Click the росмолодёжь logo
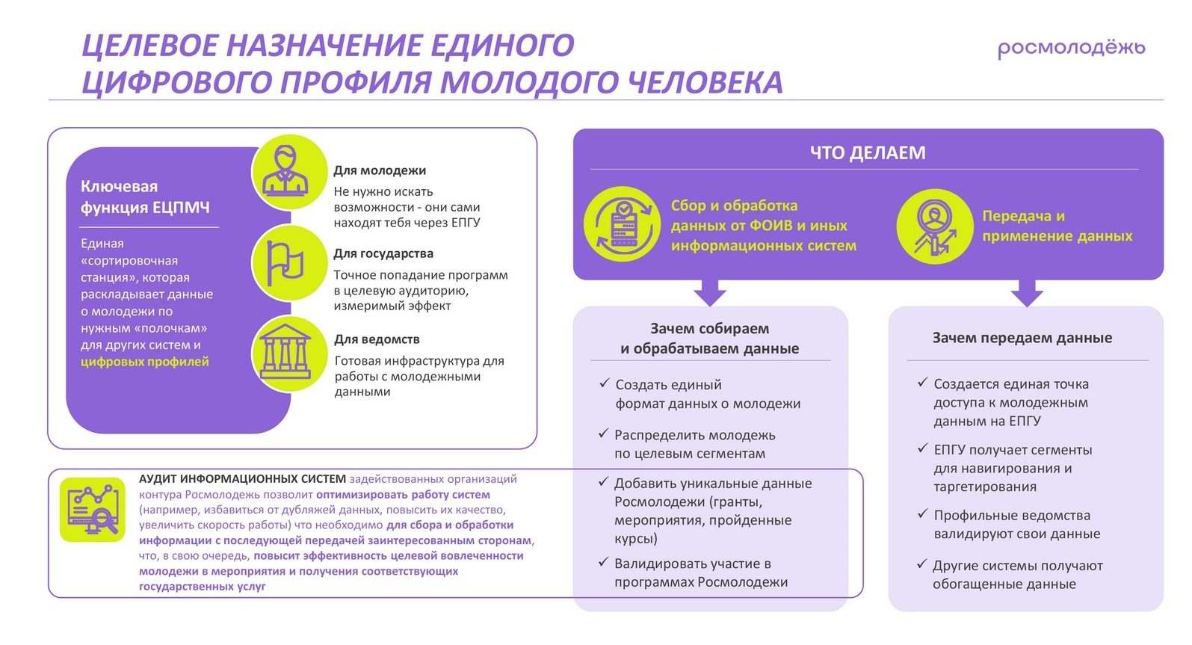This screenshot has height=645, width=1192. pyautogui.click(x=1071, y=49)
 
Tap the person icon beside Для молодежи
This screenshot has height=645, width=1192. pyautogui.click(x=289, y=172)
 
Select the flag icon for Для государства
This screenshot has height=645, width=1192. pyautogui.click(x=289, y=262)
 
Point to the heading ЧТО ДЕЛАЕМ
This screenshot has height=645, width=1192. pyautogui.click(x=868, y=152)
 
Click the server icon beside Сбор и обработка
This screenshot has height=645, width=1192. pyautogui.click(x=623, y=223)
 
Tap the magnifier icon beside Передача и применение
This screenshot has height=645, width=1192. pyautogui.click(x=934, y=226)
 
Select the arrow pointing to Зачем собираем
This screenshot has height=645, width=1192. pyautogui.click(x=709, y=292)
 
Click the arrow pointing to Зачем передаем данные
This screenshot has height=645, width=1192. pyautogui.click(x=1027, y=292)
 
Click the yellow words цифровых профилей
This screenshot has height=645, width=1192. pyautogui.click(x=145, y=362)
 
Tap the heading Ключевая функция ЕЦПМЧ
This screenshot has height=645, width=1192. pyautogui.click(x=145, y=197)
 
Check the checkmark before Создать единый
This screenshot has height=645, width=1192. pyautogui.click(x=604, y=383)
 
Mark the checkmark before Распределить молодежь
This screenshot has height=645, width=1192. pyautogui.click(x=603, y=433)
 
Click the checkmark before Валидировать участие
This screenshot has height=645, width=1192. pyautogui.click(x=603, y=562)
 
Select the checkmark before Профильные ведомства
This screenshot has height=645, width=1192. pyautogui.click(x=922, y=514)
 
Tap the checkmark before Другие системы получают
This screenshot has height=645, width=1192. pyautogui.click(x=921, y=564)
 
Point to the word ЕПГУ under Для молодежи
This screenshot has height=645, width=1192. pyautogui.click(x=466, y=223)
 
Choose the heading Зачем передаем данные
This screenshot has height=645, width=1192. pyautogui.click(x=1022, y=338)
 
